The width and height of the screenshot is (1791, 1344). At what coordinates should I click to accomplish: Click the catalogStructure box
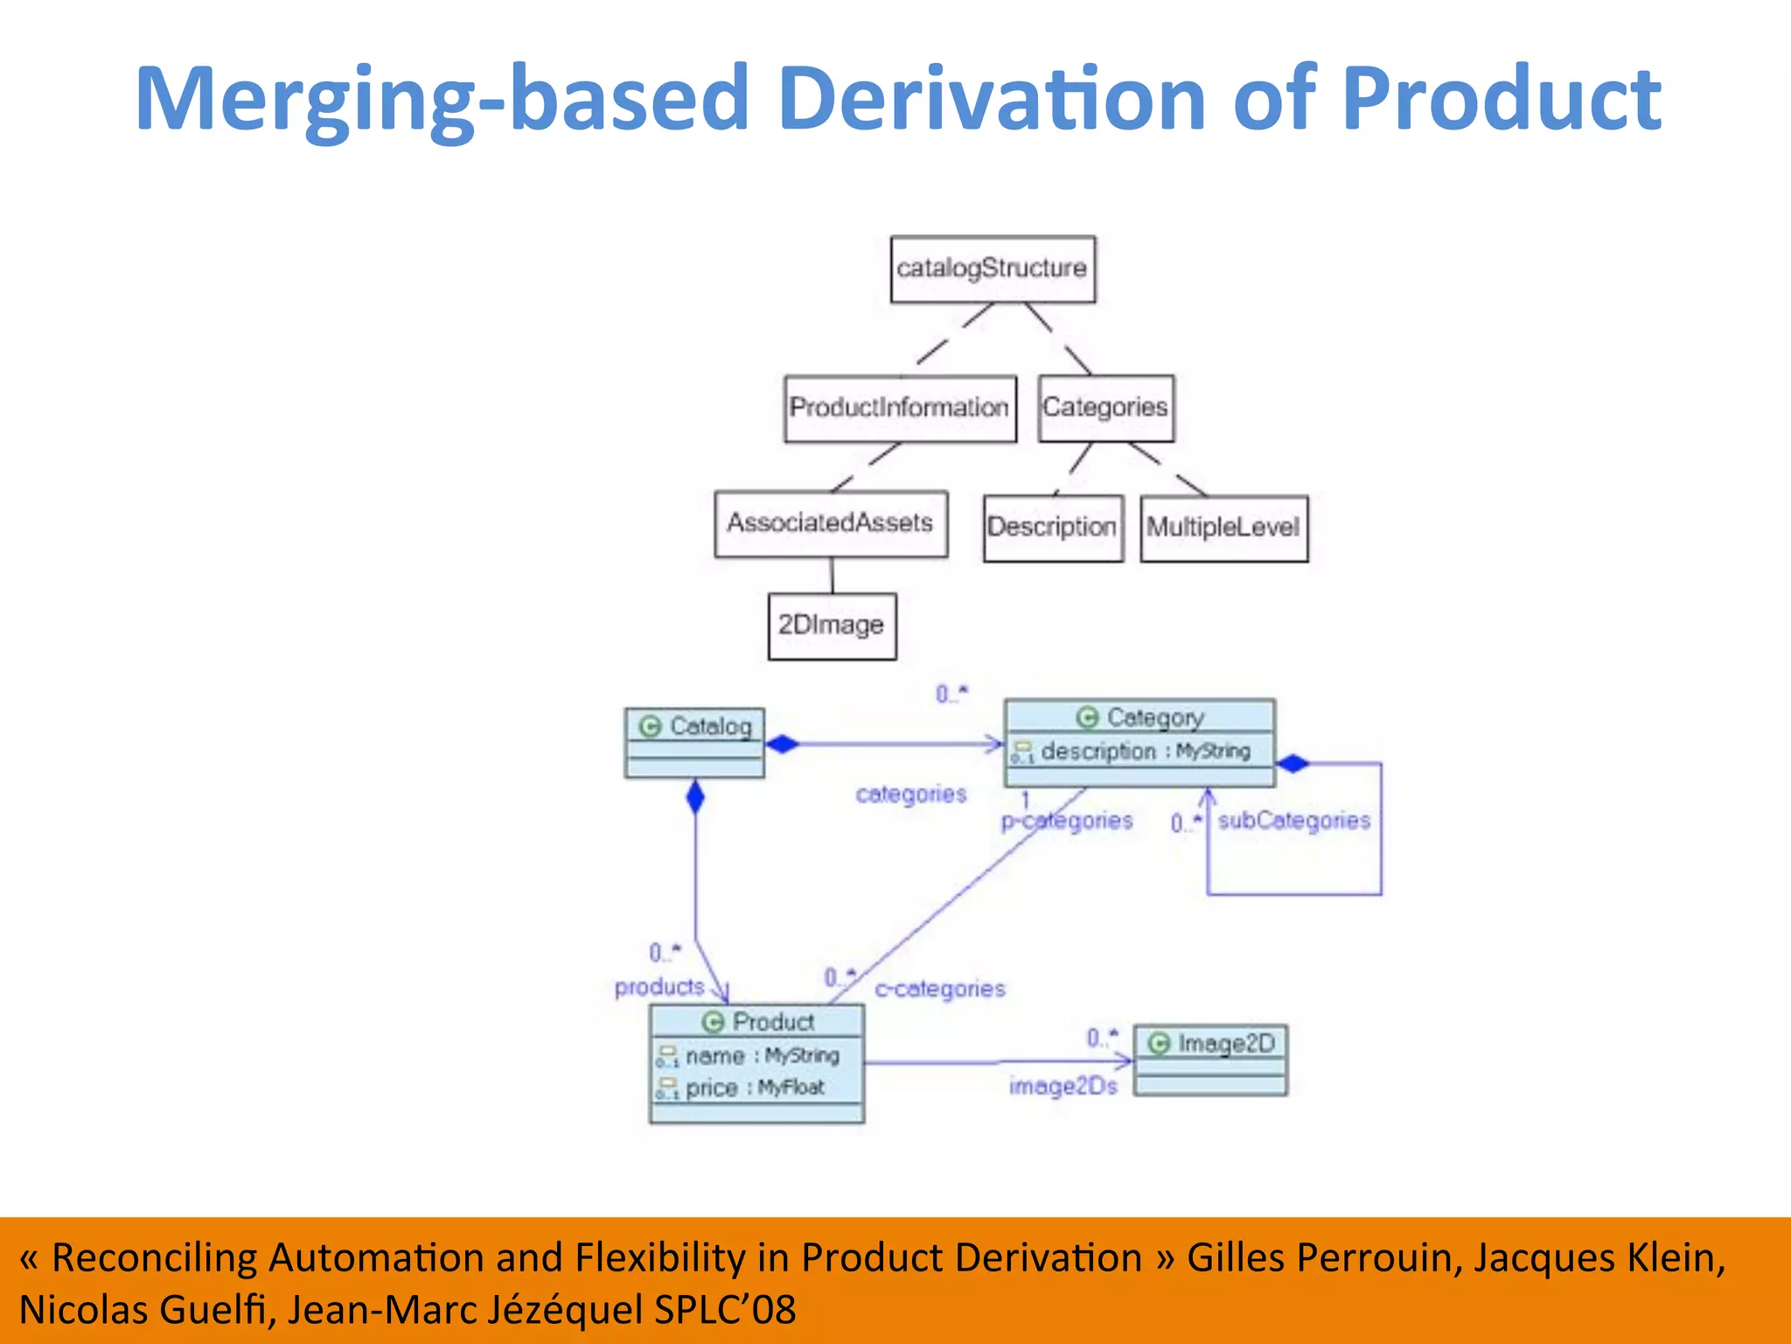993,269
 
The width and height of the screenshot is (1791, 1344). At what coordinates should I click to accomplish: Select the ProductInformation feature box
900,409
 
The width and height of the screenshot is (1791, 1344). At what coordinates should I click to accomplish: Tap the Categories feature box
1105,409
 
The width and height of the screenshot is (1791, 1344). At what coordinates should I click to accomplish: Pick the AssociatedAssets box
831,523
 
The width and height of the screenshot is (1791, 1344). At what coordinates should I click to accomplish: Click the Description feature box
1052,528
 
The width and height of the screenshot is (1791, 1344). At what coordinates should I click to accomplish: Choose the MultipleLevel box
1223,528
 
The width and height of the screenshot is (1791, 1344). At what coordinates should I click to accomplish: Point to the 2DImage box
832,626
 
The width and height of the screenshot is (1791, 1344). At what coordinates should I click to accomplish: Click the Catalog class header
695,726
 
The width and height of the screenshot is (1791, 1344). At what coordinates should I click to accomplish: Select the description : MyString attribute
1137,752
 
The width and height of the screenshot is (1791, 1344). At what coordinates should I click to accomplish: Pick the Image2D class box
1210,1060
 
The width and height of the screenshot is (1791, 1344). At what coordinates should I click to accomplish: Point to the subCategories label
1293,821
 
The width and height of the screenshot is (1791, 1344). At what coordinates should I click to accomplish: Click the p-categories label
1067,821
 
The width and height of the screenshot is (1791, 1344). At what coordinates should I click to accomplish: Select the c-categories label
940,989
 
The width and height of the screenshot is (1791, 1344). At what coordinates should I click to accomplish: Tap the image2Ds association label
1063,1086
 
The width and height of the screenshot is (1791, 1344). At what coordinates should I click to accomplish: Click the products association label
659,987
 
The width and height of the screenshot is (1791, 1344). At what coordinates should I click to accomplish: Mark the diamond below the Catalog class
695,797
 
